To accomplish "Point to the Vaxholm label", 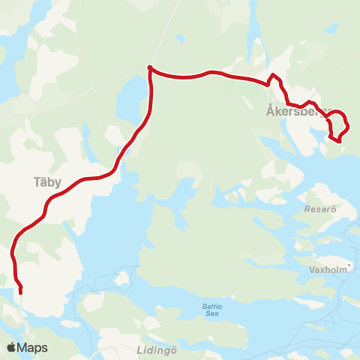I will pyautogui.click(x=328, y=268).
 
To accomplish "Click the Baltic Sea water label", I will pyautogui.click(x=212, y=310).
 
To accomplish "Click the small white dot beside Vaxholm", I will pyautogui.click(x=349, y=264).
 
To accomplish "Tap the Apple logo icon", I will pyautogui.click(x=11, y=347).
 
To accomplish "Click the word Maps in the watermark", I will pyautogui.click(x=32, y=348).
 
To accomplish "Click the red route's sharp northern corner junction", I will pyautogui.click(x=151, y=68).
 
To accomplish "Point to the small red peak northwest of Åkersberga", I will pyautogui.click(x=274, y=75).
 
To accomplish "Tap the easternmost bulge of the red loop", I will pyautogui.click(x=349, y=122).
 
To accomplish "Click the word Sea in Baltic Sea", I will pyautogui.click(x=212, y=315).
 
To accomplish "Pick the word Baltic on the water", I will pyautogui.click(x=212, y=305).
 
